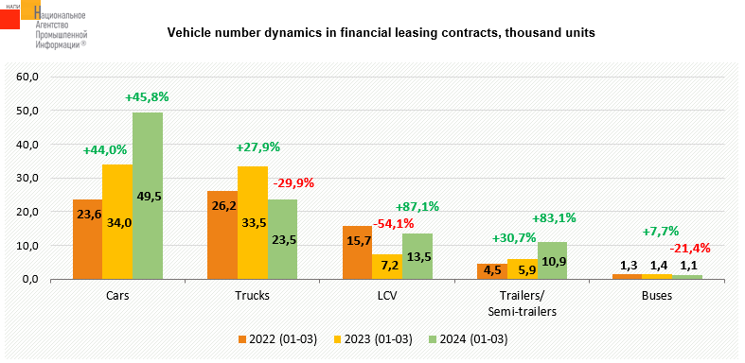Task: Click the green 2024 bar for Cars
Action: tap(148, 196)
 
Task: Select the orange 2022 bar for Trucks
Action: tap(222, 235)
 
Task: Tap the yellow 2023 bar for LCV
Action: tap(387, 268)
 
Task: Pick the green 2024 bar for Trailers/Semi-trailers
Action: tap(552, 261)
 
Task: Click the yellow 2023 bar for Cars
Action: tap(117, 222)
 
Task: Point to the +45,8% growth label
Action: tap(147, 97)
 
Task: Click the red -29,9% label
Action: tap(293, 183)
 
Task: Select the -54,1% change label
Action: tap(393, 223)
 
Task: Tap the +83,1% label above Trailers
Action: tap(554, 218)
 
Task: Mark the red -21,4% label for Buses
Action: tap(689, 248)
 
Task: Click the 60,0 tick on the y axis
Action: tap(28, 77)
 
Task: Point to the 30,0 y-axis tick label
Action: tap(28, 178)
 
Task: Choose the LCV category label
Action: tap(388, 296)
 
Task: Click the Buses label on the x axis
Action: tap(657, 296)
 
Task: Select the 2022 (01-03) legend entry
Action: tap(277, 339)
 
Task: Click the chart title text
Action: tap(381, 33)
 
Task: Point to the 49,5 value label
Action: tap(148, 196)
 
